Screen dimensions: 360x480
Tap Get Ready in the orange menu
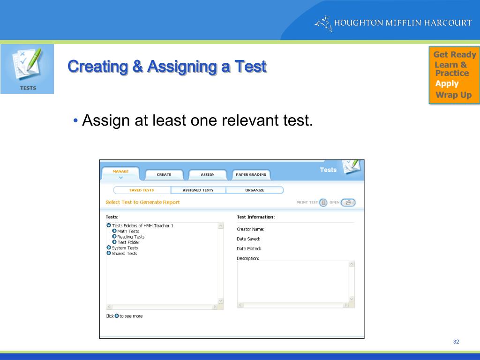(455, 54)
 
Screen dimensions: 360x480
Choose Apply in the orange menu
(447, 84)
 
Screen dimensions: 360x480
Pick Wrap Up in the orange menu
(453, 95)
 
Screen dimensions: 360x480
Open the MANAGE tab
(120, 172)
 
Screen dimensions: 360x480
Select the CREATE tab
(164, 174)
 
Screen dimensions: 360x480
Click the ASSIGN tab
(208, 174)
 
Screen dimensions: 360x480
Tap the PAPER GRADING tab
(251, 174)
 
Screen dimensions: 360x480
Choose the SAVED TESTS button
(142, 190)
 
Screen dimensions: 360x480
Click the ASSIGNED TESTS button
(198, 190)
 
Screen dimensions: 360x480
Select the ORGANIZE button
(255, 190)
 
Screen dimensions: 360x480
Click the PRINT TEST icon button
(323, 202)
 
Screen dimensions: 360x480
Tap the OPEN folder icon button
(348, 202)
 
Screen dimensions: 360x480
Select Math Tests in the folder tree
(128, 231)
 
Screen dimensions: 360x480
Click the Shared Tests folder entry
(124, 254)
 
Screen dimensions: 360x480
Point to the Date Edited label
(249, 248)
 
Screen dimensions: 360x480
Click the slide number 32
(456, 342)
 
